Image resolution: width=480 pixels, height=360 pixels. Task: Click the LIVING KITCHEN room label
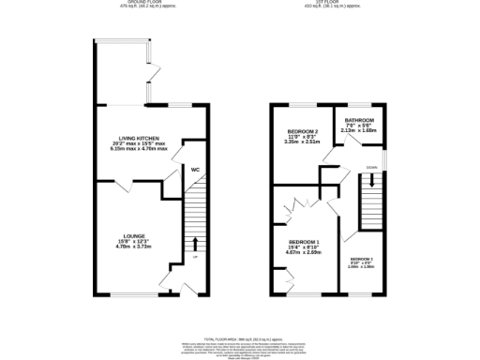[137, 138]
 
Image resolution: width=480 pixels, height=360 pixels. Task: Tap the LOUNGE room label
[132, 236]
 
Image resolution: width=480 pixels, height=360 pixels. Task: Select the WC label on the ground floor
[196, 170]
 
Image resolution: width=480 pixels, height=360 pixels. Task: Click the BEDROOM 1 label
[305, 241]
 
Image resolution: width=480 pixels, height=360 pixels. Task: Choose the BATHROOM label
[359, 121]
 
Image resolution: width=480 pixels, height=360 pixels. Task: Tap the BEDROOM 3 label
[362, 258]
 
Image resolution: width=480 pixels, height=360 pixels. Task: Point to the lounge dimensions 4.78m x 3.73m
[132, 247]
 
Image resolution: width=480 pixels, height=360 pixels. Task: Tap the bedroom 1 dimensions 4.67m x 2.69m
[305, 252]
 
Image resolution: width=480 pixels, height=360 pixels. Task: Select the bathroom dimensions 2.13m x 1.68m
[359, 132]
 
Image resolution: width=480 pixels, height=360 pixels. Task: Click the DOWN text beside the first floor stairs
[372, 169]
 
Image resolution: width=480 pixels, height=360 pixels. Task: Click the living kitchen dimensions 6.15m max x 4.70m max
[137, 149]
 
